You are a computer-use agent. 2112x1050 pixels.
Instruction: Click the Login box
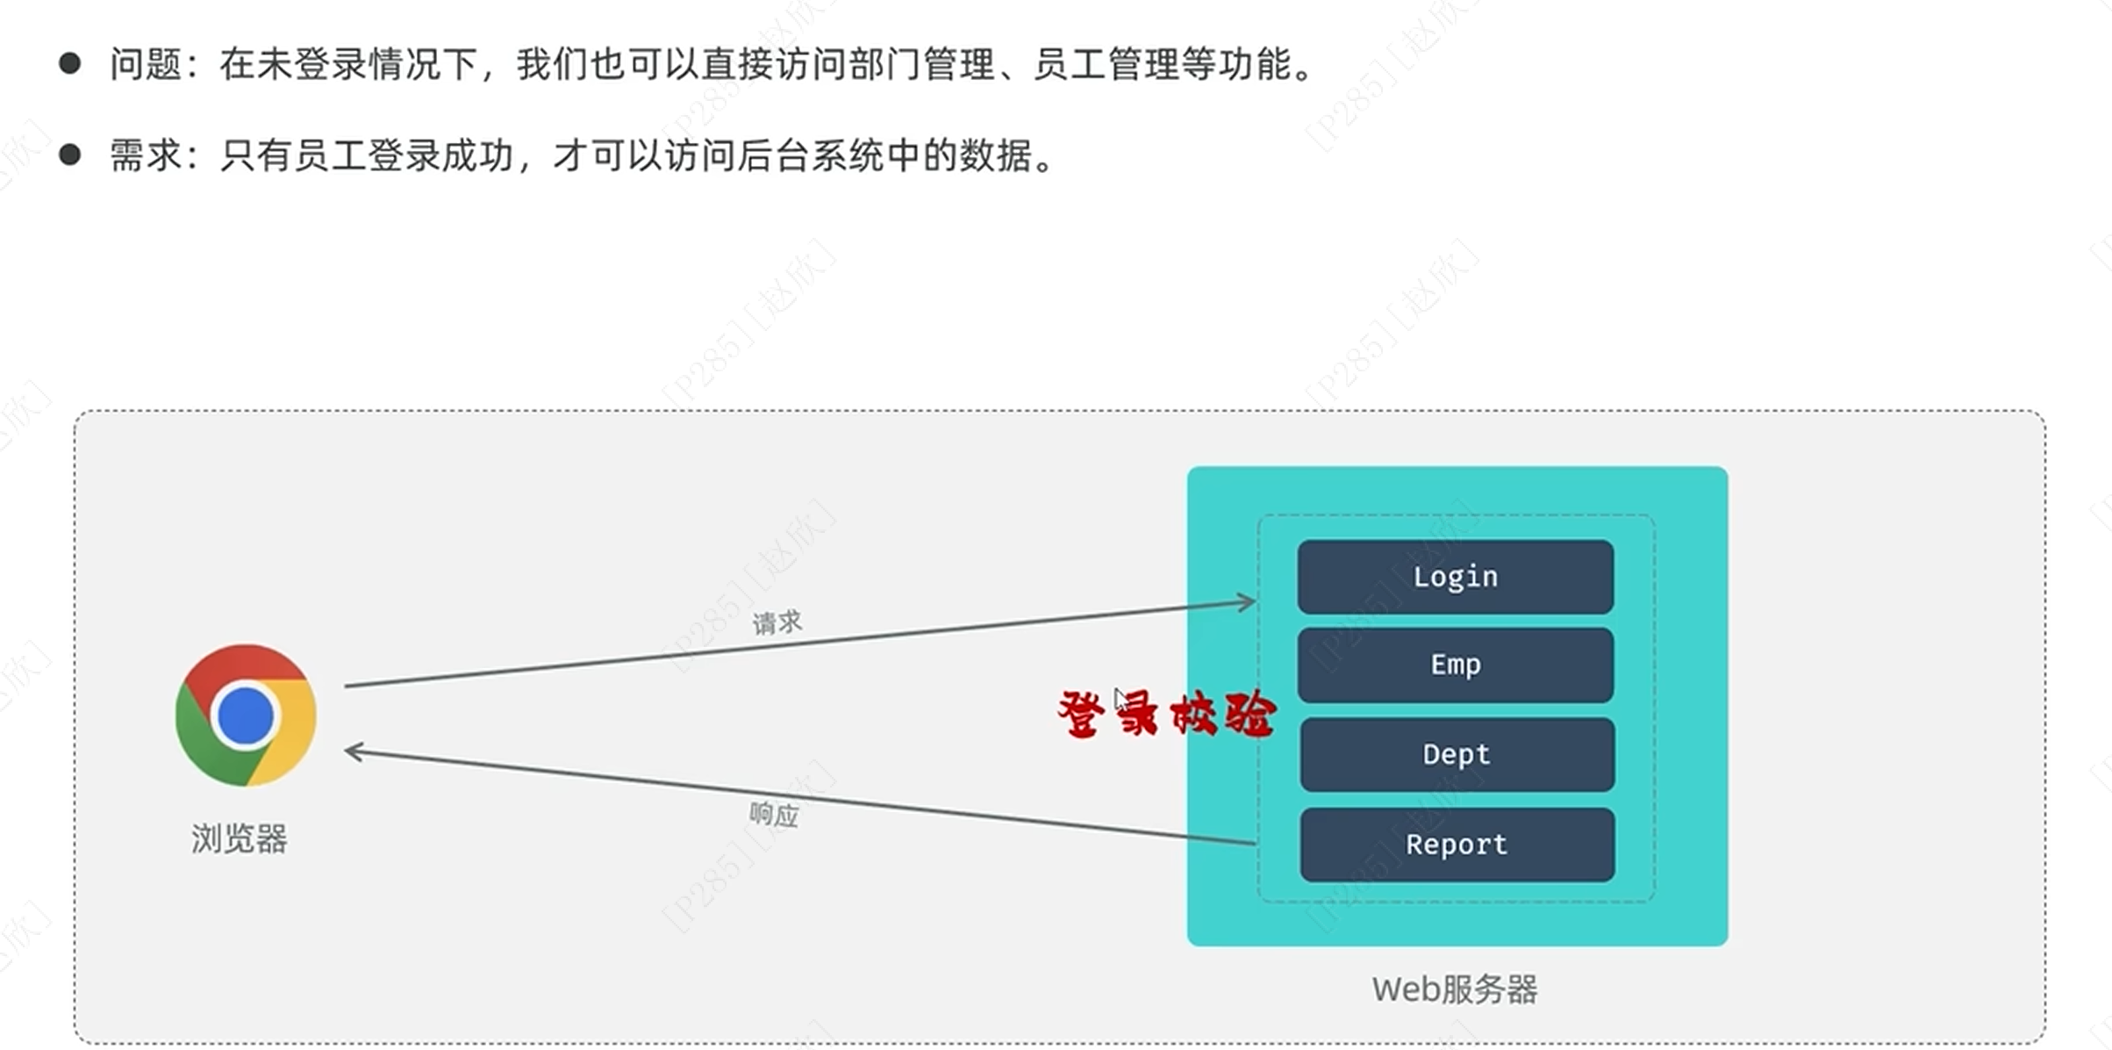coord(1455,577)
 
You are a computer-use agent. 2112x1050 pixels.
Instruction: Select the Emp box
coord(1455,665)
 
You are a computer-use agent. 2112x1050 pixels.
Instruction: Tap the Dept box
coord(1457,754)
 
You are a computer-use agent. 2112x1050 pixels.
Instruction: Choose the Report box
coord(1457,845)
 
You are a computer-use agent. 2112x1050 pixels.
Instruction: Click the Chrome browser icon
coord(246,716)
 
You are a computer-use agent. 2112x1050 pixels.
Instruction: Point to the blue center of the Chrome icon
coord(246,716)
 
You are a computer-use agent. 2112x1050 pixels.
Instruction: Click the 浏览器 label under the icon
coord(240,839)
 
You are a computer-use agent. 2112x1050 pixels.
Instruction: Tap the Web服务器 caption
coord(1455,989)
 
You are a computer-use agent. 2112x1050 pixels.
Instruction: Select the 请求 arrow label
coord(777,622)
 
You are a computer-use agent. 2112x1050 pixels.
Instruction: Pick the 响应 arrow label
coord(774,815)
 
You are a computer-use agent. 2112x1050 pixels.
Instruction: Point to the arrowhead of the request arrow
coord(1248,602)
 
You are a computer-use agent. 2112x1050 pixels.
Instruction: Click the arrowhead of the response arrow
coord(353,752)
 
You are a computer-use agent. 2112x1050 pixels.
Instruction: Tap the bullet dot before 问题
coord(70,63)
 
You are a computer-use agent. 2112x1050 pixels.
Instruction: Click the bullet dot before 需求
coord(70,155)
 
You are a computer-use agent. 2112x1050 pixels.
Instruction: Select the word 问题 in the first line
coord(146,64)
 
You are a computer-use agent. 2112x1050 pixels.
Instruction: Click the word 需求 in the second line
coord(146,156)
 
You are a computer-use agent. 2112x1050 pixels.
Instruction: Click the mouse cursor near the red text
coord(1120,700)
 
